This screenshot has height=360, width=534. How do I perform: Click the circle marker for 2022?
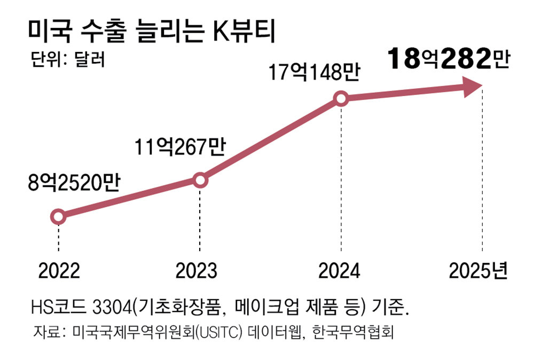point(58,216)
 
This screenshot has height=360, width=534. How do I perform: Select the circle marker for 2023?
point(200,181)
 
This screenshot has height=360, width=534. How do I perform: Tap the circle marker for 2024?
point(341,99)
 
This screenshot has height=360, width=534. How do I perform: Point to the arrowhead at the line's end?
point(472,87)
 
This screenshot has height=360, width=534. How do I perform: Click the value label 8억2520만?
point(75,184)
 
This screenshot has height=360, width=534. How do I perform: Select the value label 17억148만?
point(313,72)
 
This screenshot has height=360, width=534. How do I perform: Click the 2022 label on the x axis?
point(59,271)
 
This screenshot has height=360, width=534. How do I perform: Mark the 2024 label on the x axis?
point(340,271)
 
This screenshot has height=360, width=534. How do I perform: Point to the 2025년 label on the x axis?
point(477,271)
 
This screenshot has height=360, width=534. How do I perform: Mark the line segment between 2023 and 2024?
point(270,140)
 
